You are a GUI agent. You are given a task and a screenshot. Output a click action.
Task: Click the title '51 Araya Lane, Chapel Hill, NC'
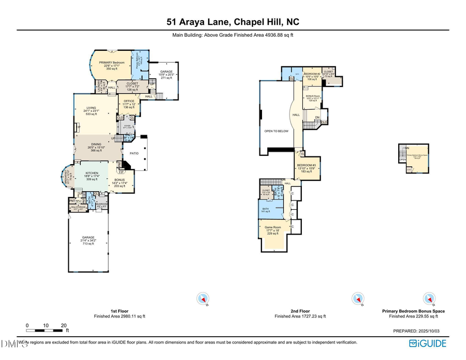pyautogui.click(x=232, y=22)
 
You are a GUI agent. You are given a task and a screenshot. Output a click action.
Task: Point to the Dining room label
pyautogui.click(x=96, y=147)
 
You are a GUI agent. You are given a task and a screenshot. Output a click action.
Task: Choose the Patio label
pyautogui.click(x=133, y=153)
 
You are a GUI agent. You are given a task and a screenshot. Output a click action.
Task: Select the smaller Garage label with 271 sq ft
pyautogui.click(x=166, y=74)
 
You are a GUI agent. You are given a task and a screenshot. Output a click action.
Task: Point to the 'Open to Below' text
pyautogui.click(x=276, y=131)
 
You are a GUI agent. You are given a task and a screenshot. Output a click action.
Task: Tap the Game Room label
pyautogui.click(x=272, y=231)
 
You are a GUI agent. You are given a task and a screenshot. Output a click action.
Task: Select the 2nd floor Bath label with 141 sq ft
pyautogui.click(x=266, y=210)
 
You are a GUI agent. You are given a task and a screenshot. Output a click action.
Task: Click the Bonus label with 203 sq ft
pyautogui.click(x=119, y=182)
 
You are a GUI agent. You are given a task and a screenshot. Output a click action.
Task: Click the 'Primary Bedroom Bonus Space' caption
pyautogui.click(x=413, y=311)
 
